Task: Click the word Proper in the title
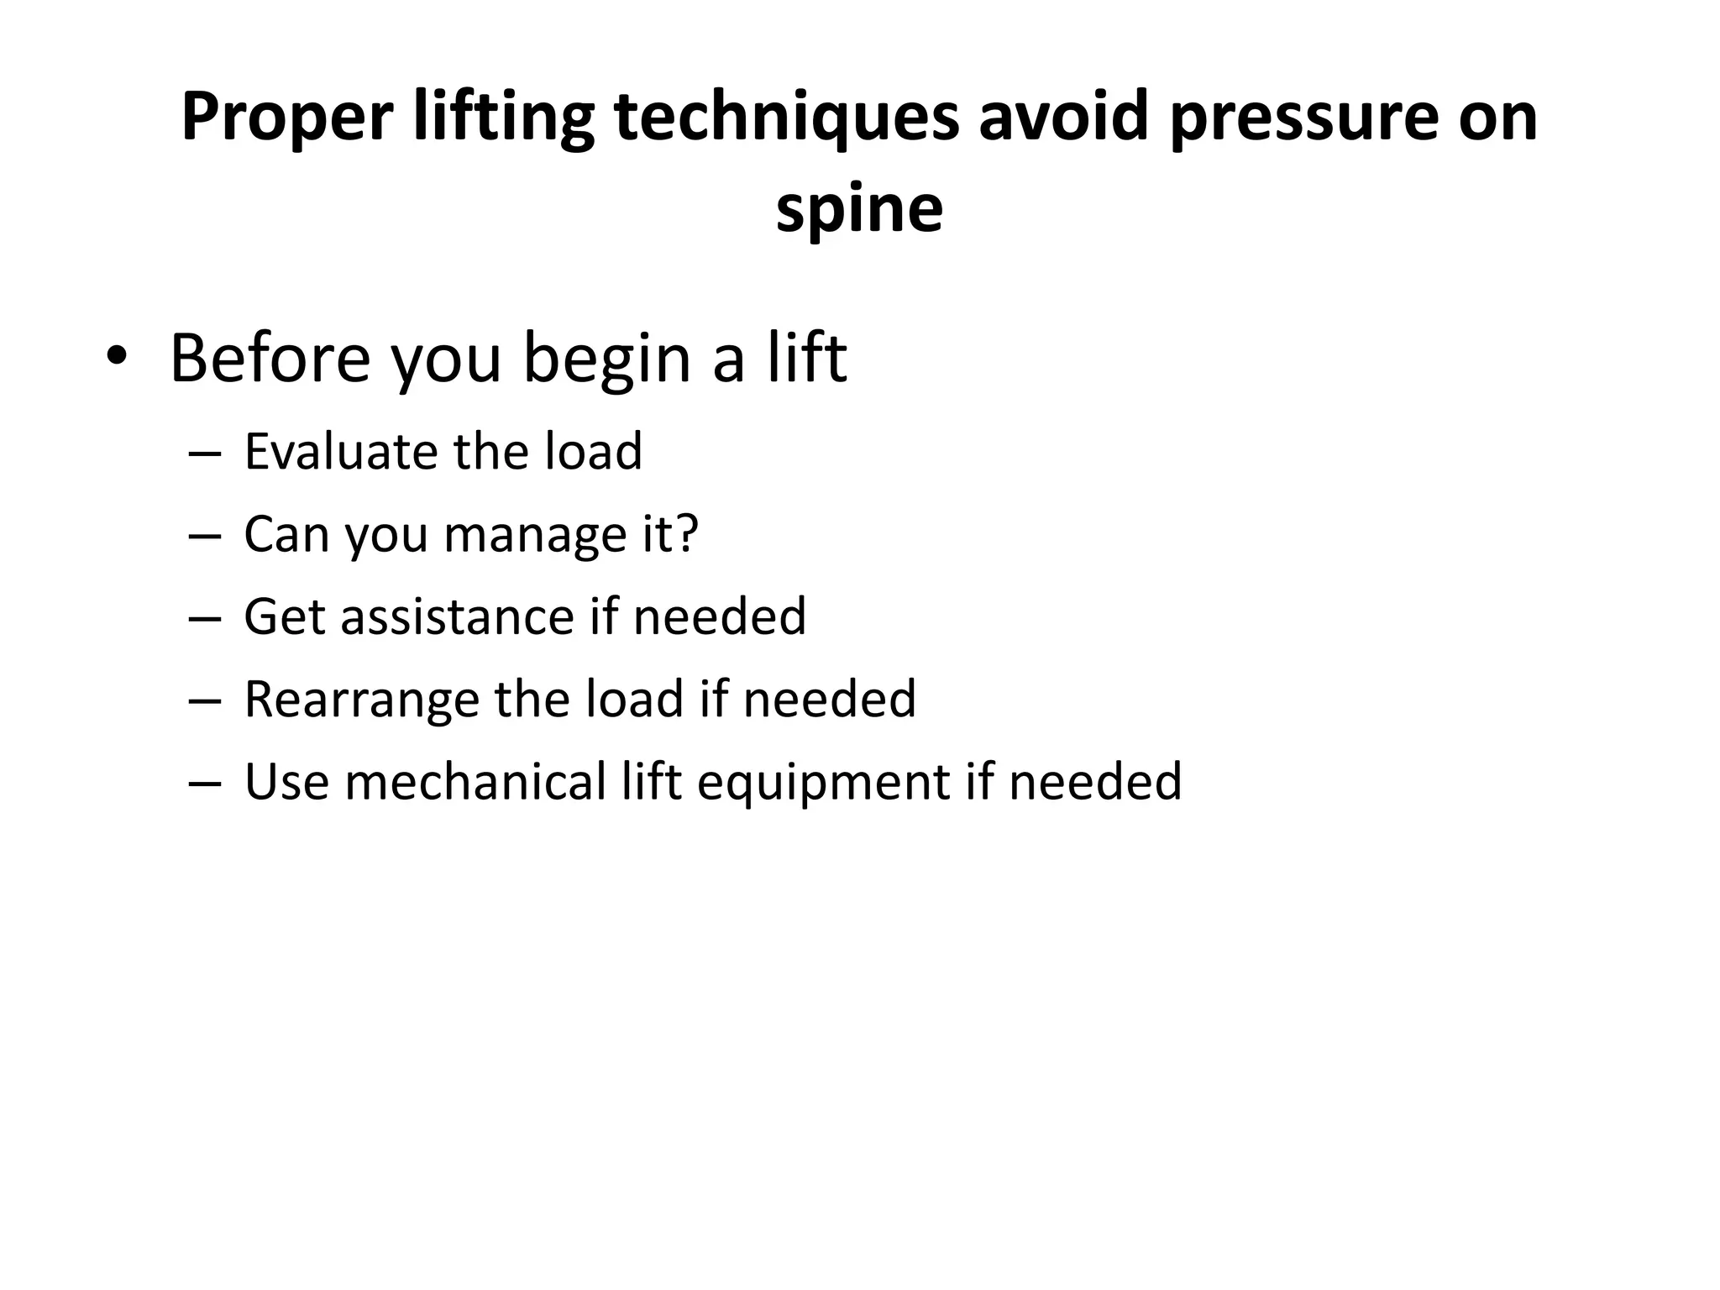click(x=286, y=118)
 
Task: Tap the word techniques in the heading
click(x=786, y=118)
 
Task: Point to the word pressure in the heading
click(x=1303, y=118)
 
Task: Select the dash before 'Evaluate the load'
click(x=205, y=453)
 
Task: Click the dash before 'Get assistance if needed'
click(x=205, y=618)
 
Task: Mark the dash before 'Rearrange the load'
click(x=205, y=700)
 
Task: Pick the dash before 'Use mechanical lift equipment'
click(x=205, y=783)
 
